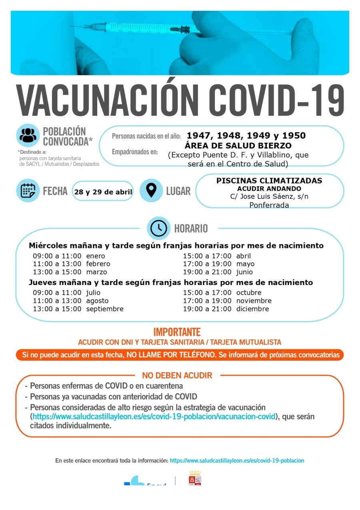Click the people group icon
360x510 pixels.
coord(28,135)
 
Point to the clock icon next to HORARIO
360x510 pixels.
coord(159,228)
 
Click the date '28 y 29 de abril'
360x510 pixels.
coord(103,192)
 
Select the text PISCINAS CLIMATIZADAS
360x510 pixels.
coord(269,181)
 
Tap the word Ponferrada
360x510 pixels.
coord(269,205)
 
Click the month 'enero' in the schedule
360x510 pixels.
coord(95,256)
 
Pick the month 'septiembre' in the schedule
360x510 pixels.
coord(105,309)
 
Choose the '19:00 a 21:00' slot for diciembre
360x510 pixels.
coord(207,309)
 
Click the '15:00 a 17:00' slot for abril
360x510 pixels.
coord(207,256)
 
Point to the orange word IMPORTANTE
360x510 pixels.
coord(177,332)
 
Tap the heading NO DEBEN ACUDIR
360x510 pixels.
coord(177,375)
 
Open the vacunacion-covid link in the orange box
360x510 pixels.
coord(154,416)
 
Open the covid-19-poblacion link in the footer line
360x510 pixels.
coord(237,461)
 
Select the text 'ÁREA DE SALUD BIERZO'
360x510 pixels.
coord(238,146)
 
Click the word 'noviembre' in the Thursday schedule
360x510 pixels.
coord(254,301)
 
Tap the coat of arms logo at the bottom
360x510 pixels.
coord(195,478)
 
